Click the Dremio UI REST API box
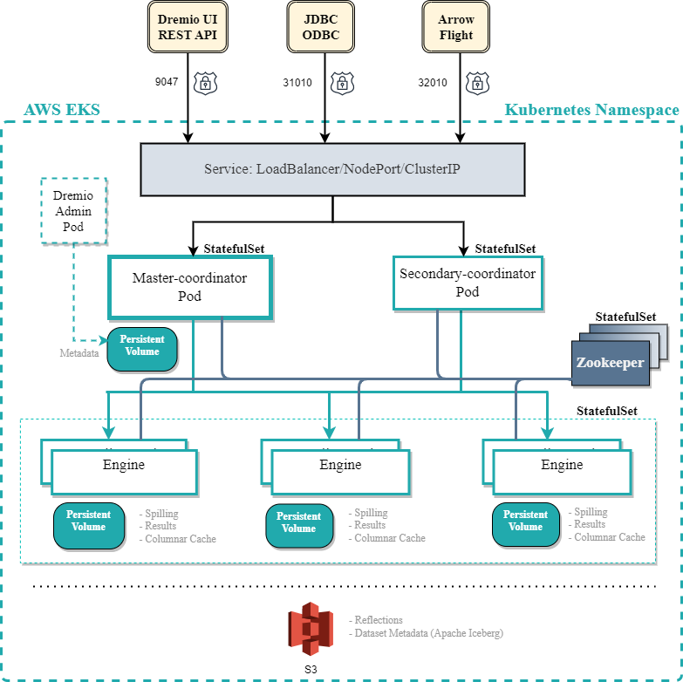[x=188, y=27]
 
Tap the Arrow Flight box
[x=456, y=27]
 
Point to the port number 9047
[x=166, y=82]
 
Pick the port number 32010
[x=433, y=83]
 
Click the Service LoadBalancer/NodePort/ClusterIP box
[x=332, y=168]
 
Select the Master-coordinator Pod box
[x=190, y=287]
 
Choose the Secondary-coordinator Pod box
[x=468, y=283]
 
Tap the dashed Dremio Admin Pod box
[x=74, y=209]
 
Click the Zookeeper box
[x=610, y=362]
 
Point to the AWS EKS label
[x=62, y=110]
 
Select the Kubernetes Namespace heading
[x=591, y=110]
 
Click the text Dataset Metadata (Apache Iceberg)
[x=428, y=633]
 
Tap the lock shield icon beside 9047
[x=205, y=83]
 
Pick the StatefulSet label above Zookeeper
[x=625, y=317]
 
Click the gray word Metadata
[x=79, y=354]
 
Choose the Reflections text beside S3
[x=379, y=620]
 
